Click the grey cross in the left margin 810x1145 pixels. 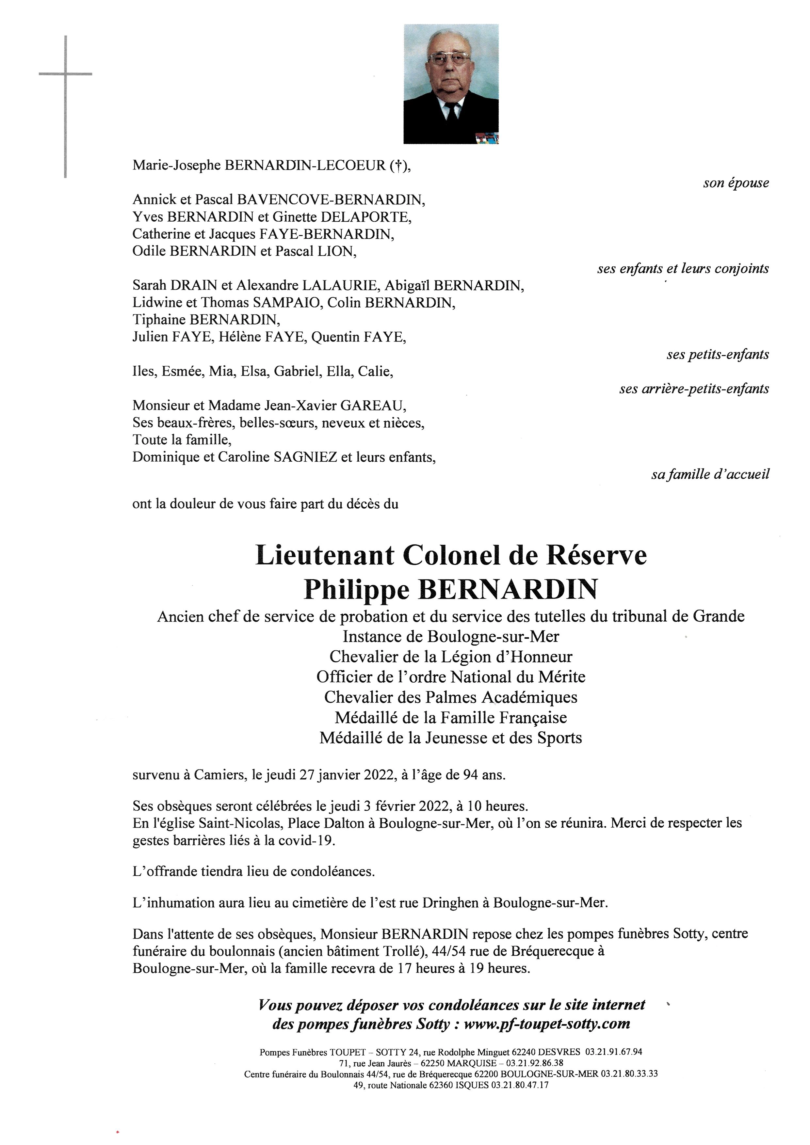[65, 75]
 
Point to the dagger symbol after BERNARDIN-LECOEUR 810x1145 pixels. [397, 166]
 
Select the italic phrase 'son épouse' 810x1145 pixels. [736, 183]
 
